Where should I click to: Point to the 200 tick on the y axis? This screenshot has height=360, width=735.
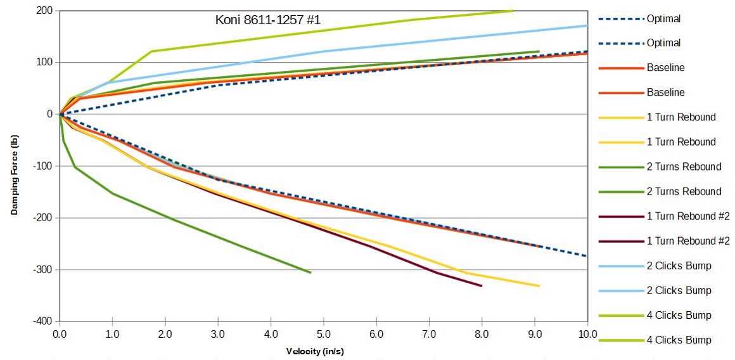44,11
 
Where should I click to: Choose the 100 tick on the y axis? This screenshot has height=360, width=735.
44,62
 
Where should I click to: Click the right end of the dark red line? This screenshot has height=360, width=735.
482,286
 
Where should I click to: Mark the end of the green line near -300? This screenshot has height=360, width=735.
310,273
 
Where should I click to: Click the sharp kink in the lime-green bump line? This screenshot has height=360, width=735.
151,51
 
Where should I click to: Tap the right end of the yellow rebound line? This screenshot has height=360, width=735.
539,286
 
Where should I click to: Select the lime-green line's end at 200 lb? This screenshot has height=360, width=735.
513,11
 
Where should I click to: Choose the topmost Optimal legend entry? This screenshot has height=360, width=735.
663,19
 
